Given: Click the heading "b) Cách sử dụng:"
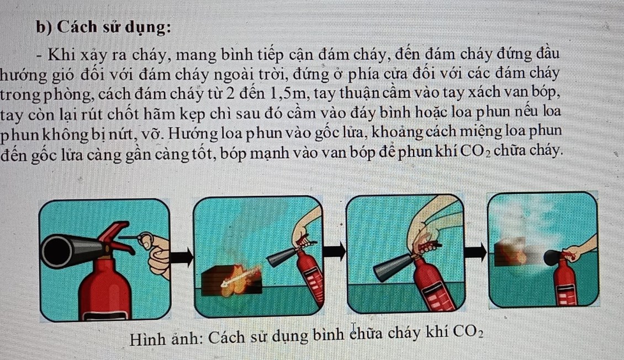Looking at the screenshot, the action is click(103, 28).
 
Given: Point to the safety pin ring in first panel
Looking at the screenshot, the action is click(146, 240).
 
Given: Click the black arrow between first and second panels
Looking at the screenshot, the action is click(182, 258).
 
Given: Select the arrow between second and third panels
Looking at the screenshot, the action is click(334, 251).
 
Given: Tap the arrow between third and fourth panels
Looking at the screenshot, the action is click(475, 252).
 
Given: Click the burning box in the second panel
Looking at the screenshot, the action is click(231, 280).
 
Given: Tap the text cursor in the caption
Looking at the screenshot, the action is click(353, 330).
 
